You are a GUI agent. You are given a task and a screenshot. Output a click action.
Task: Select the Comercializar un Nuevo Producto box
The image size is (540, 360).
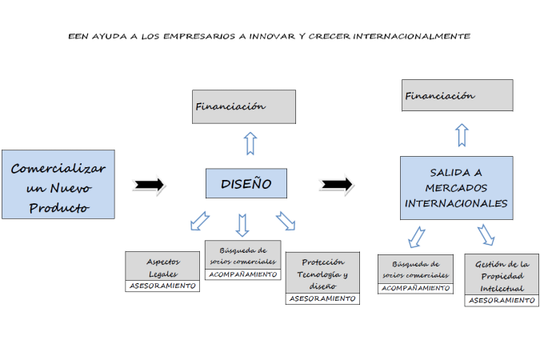click(x=58, y=185)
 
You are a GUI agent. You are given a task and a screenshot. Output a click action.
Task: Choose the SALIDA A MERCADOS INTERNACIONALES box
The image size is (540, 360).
click(x=456, y=188)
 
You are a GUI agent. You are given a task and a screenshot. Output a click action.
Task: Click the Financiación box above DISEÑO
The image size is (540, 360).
click(x=244, y=106)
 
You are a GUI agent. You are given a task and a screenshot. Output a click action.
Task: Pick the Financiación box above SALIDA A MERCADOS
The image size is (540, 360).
click(x=457, y=95)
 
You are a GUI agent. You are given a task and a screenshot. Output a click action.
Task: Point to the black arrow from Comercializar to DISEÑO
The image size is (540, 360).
click(x=150, y=185)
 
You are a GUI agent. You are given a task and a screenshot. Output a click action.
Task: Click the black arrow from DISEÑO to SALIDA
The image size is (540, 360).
click(x=336, y=184)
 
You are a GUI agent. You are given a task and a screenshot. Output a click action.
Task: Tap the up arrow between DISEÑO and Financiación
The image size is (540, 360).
click(x=250, y=143)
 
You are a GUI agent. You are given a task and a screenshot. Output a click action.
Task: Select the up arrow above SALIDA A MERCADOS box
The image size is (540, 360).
click(x=462, y=134)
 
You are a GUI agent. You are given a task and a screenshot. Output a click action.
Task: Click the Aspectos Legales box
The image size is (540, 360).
click(x=163, y=266)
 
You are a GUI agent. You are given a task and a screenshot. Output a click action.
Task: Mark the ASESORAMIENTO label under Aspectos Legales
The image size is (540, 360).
click(x=163, y=286)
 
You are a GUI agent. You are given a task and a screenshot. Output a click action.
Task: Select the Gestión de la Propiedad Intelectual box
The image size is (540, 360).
click(x=501, y=274)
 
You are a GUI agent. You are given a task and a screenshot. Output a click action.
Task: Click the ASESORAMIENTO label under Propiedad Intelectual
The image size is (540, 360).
click(x=501, y=301)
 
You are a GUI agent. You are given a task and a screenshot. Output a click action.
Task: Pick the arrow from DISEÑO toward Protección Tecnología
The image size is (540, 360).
click(x=286, y=220)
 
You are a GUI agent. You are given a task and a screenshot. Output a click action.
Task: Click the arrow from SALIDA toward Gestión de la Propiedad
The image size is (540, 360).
click(x=486, y=234)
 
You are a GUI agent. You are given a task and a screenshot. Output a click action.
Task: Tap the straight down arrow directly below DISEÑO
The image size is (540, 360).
click(x=242, y=222)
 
